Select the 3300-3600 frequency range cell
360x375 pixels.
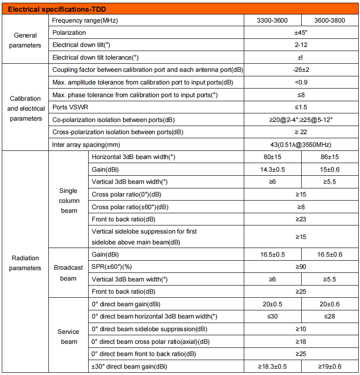(272, 21)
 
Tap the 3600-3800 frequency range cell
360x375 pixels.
(330, 21)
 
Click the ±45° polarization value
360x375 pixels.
(301, 33)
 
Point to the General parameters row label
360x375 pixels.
(25, 40)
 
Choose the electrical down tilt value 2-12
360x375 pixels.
(301, 45)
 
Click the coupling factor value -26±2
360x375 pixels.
(301, 70)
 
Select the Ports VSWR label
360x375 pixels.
(71, 108)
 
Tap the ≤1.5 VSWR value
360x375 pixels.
(301, 108)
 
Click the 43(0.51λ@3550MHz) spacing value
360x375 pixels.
(301, 145)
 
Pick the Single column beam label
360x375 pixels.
(68, 201)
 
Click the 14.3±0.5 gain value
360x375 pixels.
(272, 169)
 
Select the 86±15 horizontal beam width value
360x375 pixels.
(330, 157)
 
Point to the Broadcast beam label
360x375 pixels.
(68, 273)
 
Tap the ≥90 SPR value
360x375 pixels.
(301, 267)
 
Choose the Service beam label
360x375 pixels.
(68, 337)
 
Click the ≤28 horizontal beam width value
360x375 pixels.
(330, 316)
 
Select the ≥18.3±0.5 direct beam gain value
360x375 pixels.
(272, 366)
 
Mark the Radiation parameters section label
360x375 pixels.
(25, 263)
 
